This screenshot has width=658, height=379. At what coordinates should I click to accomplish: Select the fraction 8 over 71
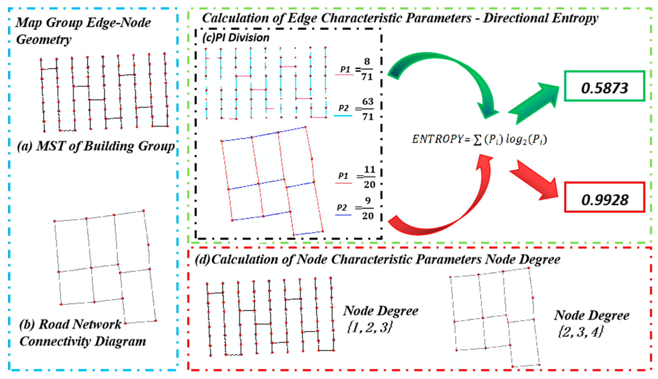[x=367, y=69]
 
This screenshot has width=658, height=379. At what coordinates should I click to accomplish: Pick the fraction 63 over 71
[x=368, y=109]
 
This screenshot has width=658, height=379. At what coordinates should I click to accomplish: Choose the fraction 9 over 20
[x=368, y=208]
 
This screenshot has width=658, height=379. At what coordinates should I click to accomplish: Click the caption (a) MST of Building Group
[x=96, y=146]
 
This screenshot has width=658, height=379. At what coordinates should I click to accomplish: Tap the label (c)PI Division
[x=236, y=38]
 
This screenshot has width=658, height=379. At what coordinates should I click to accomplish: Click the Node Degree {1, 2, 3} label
[x=380, y=318]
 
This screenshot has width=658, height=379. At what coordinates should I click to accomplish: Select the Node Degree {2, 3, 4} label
[x=591, y=323]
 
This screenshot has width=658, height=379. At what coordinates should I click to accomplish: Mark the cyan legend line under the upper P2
[x=343, y=115]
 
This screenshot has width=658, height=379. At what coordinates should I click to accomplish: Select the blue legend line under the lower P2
[x=343, y=215]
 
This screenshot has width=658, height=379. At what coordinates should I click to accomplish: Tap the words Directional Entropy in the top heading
[x=541, y=18]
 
